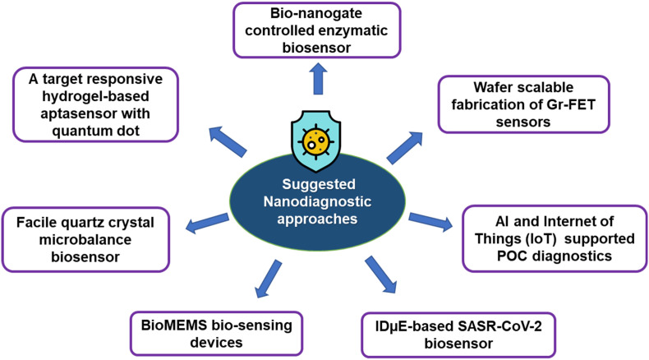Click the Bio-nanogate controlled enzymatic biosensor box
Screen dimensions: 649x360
coord(317,30)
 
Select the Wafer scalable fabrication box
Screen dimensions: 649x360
coord(523,104)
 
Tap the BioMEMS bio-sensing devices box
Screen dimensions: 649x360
coord(217,334)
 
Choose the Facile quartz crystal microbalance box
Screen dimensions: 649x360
coord(85,239)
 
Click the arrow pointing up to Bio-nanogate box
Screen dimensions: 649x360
coord(317,79)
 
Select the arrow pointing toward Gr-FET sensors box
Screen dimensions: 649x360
coord(405,148)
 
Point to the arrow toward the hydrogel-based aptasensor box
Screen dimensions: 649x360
coord(228,142)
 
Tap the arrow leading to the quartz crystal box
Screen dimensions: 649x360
coord(207,223)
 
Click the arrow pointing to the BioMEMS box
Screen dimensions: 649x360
coord(269,279)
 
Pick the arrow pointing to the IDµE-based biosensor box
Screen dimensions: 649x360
coord(381,275)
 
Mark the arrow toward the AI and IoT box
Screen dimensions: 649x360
coord(430,222)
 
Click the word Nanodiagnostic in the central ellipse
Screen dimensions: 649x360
coord(317,201)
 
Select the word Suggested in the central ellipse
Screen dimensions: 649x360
coord(319,184)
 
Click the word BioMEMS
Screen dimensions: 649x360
coord(174,325)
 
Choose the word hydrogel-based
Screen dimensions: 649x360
coord(95,96)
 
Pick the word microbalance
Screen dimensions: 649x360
coord(85,239)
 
